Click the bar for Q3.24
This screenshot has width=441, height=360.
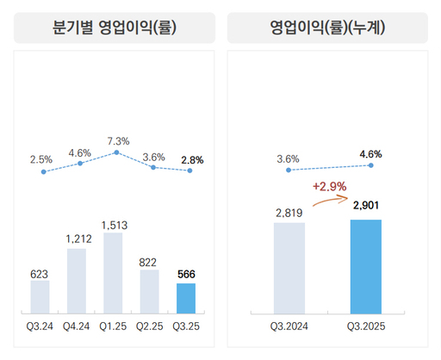40,296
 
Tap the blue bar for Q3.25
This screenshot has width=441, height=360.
186,298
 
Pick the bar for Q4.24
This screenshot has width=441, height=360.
77,280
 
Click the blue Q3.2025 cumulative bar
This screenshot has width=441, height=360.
365,266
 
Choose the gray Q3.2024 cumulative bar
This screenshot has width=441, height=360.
289,268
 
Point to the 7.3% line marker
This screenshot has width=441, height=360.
116,152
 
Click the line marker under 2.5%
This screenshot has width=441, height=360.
43,172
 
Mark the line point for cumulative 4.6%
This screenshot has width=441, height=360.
370,164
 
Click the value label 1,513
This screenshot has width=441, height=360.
114,225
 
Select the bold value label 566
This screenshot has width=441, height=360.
186,274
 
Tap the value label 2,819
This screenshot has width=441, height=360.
289,213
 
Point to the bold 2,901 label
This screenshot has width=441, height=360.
366,205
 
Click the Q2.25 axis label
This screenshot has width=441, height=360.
150,326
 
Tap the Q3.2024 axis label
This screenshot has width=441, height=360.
289,326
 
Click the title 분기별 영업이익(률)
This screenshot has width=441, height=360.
115,28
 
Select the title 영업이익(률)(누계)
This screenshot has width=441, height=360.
327,28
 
